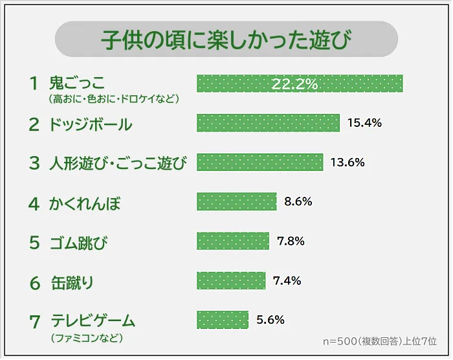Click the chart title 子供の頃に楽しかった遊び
click(226, 39)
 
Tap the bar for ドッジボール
click(268, 123)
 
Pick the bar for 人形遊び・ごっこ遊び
click(260, 163)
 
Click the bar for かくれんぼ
click(236, 201)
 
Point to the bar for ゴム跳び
click(232, 241)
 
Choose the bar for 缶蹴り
click(231, 280)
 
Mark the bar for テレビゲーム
click(222, 319)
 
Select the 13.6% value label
click(348, 163)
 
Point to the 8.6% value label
click(298, 201)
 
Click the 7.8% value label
click(291, 241)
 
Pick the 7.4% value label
click(287, 280)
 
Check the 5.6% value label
click(271, 319)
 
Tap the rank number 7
click(35, 321)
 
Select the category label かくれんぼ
click(85, 204)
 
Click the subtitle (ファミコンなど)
click(85, 338)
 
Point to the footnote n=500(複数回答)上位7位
click(380, 341)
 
